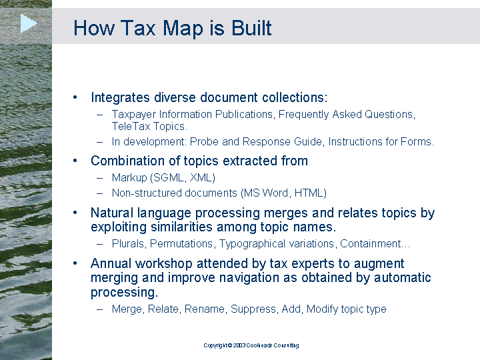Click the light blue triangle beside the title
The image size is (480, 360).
point(28,23)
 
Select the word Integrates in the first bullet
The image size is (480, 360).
point(120,97)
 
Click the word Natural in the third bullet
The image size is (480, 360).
point(112,213)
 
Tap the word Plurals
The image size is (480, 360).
point(128,244)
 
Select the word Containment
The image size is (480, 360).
point(371,244)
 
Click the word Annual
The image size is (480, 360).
point(111,263)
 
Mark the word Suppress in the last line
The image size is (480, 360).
point(253,309)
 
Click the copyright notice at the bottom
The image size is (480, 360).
point(251,345)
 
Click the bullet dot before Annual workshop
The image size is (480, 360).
point(75,263)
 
